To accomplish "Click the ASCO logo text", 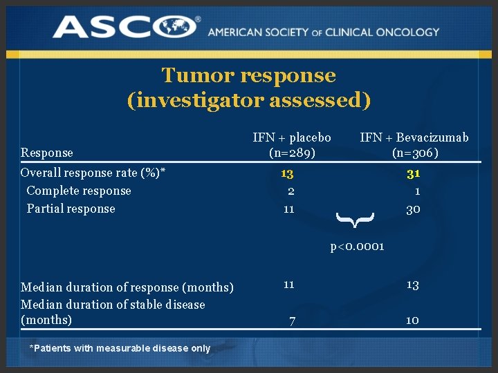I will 126,28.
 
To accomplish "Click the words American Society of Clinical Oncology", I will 323,32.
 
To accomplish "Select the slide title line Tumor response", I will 248,75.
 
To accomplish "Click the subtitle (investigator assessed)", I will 249,100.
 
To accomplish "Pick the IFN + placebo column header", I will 291,137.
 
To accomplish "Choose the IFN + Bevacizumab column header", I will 414,137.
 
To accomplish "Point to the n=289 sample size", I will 291,153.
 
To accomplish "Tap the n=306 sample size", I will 414,153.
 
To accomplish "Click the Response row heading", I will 47,153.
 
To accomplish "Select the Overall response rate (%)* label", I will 96,173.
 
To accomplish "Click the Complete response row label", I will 78,191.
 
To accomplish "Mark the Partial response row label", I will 71,209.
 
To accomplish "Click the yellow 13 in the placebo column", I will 288,173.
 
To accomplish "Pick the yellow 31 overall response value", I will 414,173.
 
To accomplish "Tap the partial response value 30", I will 413,209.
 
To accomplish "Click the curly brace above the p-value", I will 356,220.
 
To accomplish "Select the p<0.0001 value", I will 357,247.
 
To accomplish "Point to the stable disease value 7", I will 293,321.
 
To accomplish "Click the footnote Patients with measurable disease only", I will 120,348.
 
